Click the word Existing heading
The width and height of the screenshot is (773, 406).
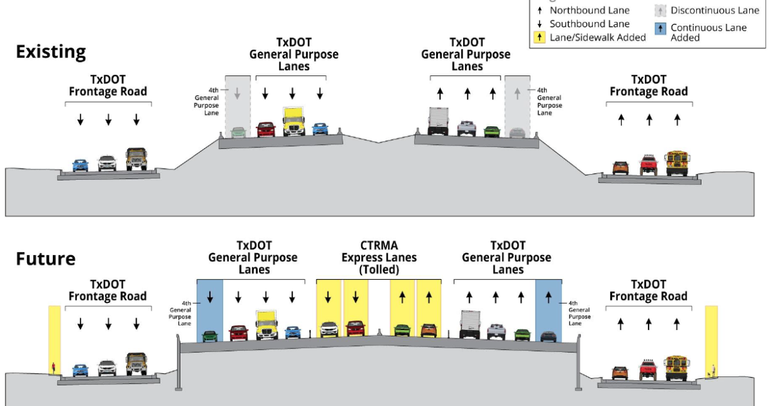[x=51, y=52]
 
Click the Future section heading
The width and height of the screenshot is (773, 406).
[x=46, y=258]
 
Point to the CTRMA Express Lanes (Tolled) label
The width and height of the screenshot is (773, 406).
[x=378, y=257]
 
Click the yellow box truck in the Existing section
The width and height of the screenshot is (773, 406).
[x=293, y=121]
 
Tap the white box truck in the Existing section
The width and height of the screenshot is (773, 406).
[x=437, y=121]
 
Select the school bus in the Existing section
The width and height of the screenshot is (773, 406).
[x=677, y=164]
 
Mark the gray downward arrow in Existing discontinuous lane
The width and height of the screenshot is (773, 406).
[x=237, y=93]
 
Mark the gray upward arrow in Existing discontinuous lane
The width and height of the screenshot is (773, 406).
[x=517, y=93]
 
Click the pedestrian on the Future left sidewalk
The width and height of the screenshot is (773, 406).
[x=53, y=369]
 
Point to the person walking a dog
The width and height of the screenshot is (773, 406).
[x=713, y=370]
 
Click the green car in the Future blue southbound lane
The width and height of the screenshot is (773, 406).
[x=209, y=336]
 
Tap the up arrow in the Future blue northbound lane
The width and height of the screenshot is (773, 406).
[x=548, y=297]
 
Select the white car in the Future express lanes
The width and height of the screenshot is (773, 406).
[x=329, y=329]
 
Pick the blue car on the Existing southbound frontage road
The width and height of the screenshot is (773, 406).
[x=80, y=165]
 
